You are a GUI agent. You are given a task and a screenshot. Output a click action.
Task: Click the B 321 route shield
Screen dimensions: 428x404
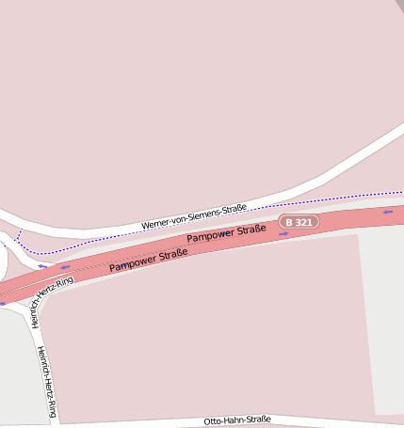[299, 222]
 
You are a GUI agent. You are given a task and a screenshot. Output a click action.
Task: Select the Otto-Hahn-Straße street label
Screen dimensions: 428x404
[237, 420]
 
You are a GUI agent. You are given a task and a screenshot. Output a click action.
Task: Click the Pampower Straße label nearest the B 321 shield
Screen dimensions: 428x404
[226, 233]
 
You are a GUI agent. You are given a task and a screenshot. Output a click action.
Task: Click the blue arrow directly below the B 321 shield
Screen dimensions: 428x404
[283, 234]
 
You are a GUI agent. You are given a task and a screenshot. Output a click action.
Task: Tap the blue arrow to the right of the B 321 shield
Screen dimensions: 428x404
[388, 212]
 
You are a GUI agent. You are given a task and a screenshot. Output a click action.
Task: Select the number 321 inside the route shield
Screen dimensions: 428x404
[303, 222]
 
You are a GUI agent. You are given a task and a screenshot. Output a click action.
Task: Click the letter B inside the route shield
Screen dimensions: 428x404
[288, 223]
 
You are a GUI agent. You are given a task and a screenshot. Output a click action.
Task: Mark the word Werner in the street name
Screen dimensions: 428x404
[154, 224]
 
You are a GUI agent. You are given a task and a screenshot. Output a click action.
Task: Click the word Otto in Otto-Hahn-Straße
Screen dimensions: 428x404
[214, 421]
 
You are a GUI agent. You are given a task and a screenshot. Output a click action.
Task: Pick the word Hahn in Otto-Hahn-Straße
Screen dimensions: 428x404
[234, 420]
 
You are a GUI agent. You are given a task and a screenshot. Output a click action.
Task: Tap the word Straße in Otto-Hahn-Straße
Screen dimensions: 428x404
[258, 420]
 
